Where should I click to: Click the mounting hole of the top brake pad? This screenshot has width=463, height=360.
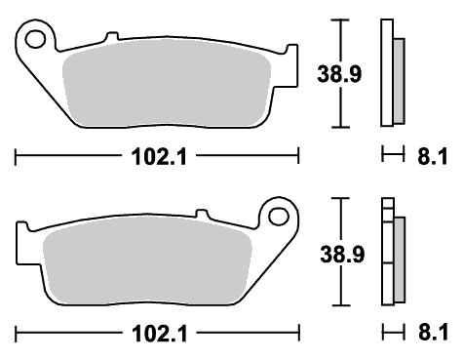pyautogui.click(x=35, y=39)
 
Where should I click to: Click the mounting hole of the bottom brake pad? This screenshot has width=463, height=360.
pyautogui.click(x=279, y=217)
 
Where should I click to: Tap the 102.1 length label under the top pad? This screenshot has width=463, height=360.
pyautogui.click(x=159, y=157)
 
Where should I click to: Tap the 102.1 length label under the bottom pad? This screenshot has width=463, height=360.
pyautogui.click(x=160, y=334)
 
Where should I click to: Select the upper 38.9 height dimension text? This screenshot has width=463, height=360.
pyautogui.click(x=339, y=74)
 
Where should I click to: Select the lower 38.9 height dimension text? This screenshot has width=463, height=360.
pyautogui.click(x=342, y=254)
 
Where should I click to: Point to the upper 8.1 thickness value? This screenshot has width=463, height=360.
pyautogui.click(x=433, y=157)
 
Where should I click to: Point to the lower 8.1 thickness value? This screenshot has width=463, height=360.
pyautogui.click(x=434, y=333)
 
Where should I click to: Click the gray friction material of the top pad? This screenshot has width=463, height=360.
pyautogui.click(x=167, y=82)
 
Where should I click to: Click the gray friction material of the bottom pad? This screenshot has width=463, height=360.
pyautogui.click(x=147, y=260)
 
